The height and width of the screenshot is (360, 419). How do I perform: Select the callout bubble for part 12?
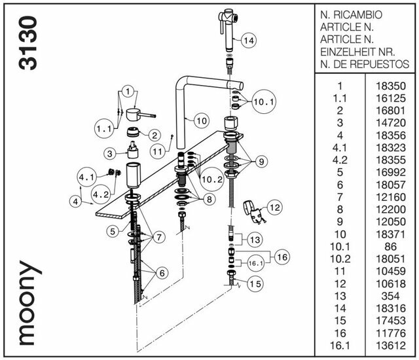274,207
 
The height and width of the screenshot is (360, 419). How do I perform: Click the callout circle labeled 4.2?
100,194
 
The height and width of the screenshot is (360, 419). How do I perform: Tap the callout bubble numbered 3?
110,153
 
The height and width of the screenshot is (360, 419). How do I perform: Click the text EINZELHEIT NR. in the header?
357,52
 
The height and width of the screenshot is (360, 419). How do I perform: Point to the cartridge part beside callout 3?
136,154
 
